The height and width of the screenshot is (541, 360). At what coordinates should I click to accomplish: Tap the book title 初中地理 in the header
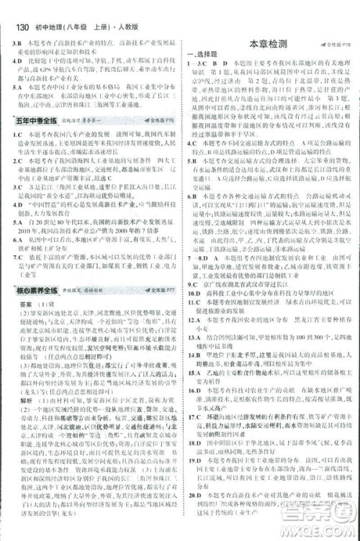click(x=37, y=9)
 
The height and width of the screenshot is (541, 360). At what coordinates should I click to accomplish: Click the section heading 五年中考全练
click(x=30, y=122)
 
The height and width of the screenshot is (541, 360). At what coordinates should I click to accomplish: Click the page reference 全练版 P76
click(x=160, y=122)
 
